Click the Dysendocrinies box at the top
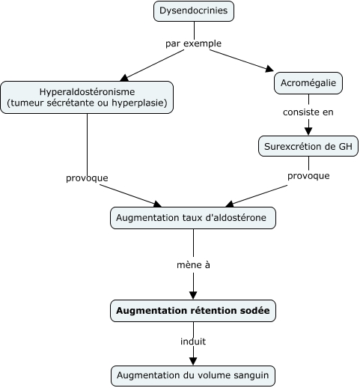194,11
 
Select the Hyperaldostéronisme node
87,97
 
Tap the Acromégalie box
308,82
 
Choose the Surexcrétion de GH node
308,146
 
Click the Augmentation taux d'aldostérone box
193,218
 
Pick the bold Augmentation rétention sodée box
194,309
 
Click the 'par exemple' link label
193,43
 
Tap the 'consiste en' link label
308,112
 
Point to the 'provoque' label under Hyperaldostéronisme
87,178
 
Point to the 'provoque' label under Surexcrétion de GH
308,176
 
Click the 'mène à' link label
193,264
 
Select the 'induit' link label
193,341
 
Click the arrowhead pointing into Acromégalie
270,70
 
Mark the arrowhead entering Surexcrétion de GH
308,131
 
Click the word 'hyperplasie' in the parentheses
142,103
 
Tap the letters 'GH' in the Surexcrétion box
344,146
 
